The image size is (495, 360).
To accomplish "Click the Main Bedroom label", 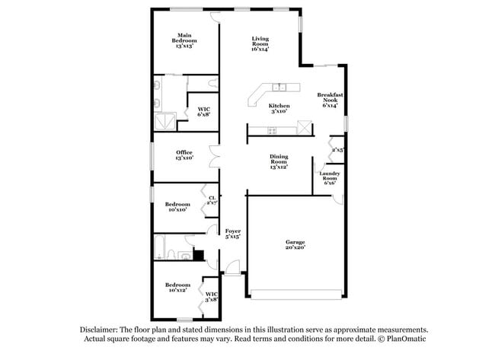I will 184,40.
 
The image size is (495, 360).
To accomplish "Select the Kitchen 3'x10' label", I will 279,108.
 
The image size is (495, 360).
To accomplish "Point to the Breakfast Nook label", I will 329,100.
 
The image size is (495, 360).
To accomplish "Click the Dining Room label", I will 279,161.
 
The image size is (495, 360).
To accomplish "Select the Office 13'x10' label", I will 184,155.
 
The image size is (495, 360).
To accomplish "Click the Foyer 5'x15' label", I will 232,234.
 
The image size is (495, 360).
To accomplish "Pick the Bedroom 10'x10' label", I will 177,206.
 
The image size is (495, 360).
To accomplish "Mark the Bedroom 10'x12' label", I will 177,287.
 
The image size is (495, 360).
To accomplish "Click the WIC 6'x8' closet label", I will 203,111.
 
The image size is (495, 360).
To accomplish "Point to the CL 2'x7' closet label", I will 212,201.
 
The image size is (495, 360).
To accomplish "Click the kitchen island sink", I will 279,86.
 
